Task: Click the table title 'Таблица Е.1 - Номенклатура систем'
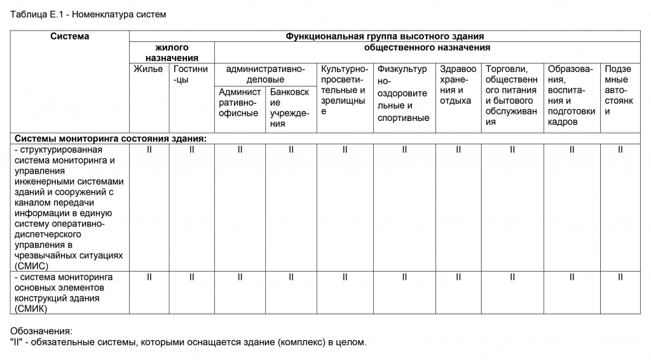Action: (88, 15)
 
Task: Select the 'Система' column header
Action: (70, 37)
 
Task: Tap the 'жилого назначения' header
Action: (172, 53)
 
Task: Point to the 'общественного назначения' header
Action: (427, 48)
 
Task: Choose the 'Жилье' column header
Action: (148, 69)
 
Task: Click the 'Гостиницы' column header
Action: (191, 74)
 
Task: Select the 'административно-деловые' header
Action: (265, 74)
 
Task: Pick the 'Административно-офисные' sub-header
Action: (239, 103)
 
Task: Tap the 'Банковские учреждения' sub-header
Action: (290, 108)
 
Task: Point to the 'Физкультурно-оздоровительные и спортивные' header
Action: (403, 93)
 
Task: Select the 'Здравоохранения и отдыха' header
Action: (458, 85)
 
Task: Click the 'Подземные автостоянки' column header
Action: (619, 90)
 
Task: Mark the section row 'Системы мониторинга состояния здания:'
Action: (111, 138)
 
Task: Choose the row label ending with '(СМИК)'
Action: (64, 293)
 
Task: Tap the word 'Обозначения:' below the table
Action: (42, 331)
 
